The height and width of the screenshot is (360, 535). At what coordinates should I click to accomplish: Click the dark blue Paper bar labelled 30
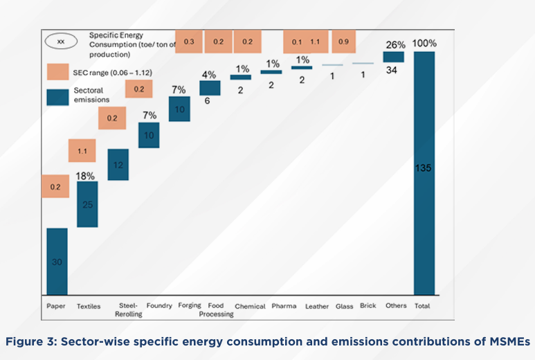[x=57, y=261]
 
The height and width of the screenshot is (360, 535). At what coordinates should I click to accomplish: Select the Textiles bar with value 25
[x=87, y=204]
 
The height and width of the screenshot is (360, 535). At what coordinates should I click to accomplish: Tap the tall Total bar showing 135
[x=424, y=173]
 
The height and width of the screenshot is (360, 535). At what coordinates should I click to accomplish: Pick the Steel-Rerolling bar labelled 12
[x=118, y=165]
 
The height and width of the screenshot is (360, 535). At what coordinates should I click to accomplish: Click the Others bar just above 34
[x=394, y=57]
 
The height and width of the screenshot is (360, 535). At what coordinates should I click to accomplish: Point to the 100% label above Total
[x=424, y=44]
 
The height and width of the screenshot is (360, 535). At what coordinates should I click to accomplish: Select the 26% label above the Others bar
[x=395, y=45]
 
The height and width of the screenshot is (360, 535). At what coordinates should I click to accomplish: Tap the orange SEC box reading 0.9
[x=344, y=42]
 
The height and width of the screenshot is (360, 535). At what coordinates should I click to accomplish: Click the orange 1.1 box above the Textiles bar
[x=82, y=150]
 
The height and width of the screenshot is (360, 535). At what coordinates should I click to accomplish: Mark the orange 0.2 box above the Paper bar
[x=56, y=187]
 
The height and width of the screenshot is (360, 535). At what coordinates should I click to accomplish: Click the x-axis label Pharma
[x=283, y=306]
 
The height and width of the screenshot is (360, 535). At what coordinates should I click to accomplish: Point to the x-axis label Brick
[x=368, y=305]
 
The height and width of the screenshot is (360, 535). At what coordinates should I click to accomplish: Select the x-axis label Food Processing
[x=217, y=309]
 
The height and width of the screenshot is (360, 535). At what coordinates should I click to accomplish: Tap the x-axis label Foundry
[x=159, y=306]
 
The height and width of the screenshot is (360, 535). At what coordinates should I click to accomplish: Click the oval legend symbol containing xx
[x=61, y=41]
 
